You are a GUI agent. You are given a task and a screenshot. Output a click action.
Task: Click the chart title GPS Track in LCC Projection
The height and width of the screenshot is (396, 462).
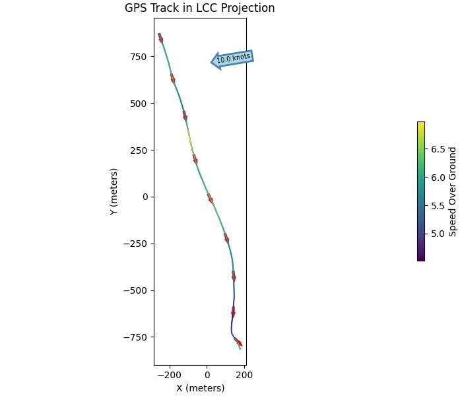199,9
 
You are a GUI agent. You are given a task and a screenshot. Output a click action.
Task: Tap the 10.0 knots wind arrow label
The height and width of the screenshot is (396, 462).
234,58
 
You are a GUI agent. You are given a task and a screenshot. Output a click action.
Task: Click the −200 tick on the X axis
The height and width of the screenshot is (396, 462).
170,374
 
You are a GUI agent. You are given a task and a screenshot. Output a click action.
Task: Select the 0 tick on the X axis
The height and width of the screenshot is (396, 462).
207,374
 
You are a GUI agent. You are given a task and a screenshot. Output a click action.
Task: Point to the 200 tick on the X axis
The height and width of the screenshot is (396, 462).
245,374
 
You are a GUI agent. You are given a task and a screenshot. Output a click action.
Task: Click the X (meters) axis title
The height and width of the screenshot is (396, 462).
200,388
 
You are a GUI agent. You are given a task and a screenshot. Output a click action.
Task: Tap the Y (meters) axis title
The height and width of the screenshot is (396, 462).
114,191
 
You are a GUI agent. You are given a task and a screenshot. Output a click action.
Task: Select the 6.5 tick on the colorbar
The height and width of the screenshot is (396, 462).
438,149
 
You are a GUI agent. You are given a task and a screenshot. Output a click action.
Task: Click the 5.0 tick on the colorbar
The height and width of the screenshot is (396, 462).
438,234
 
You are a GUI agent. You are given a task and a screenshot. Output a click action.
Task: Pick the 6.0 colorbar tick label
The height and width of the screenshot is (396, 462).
438,178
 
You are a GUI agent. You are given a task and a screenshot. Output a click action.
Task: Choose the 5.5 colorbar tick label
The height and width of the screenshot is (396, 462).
438,206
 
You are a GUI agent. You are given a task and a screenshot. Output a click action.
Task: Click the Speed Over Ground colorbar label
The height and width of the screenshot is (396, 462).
453,191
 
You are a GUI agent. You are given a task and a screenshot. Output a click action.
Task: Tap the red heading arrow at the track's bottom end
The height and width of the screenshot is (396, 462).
238,342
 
